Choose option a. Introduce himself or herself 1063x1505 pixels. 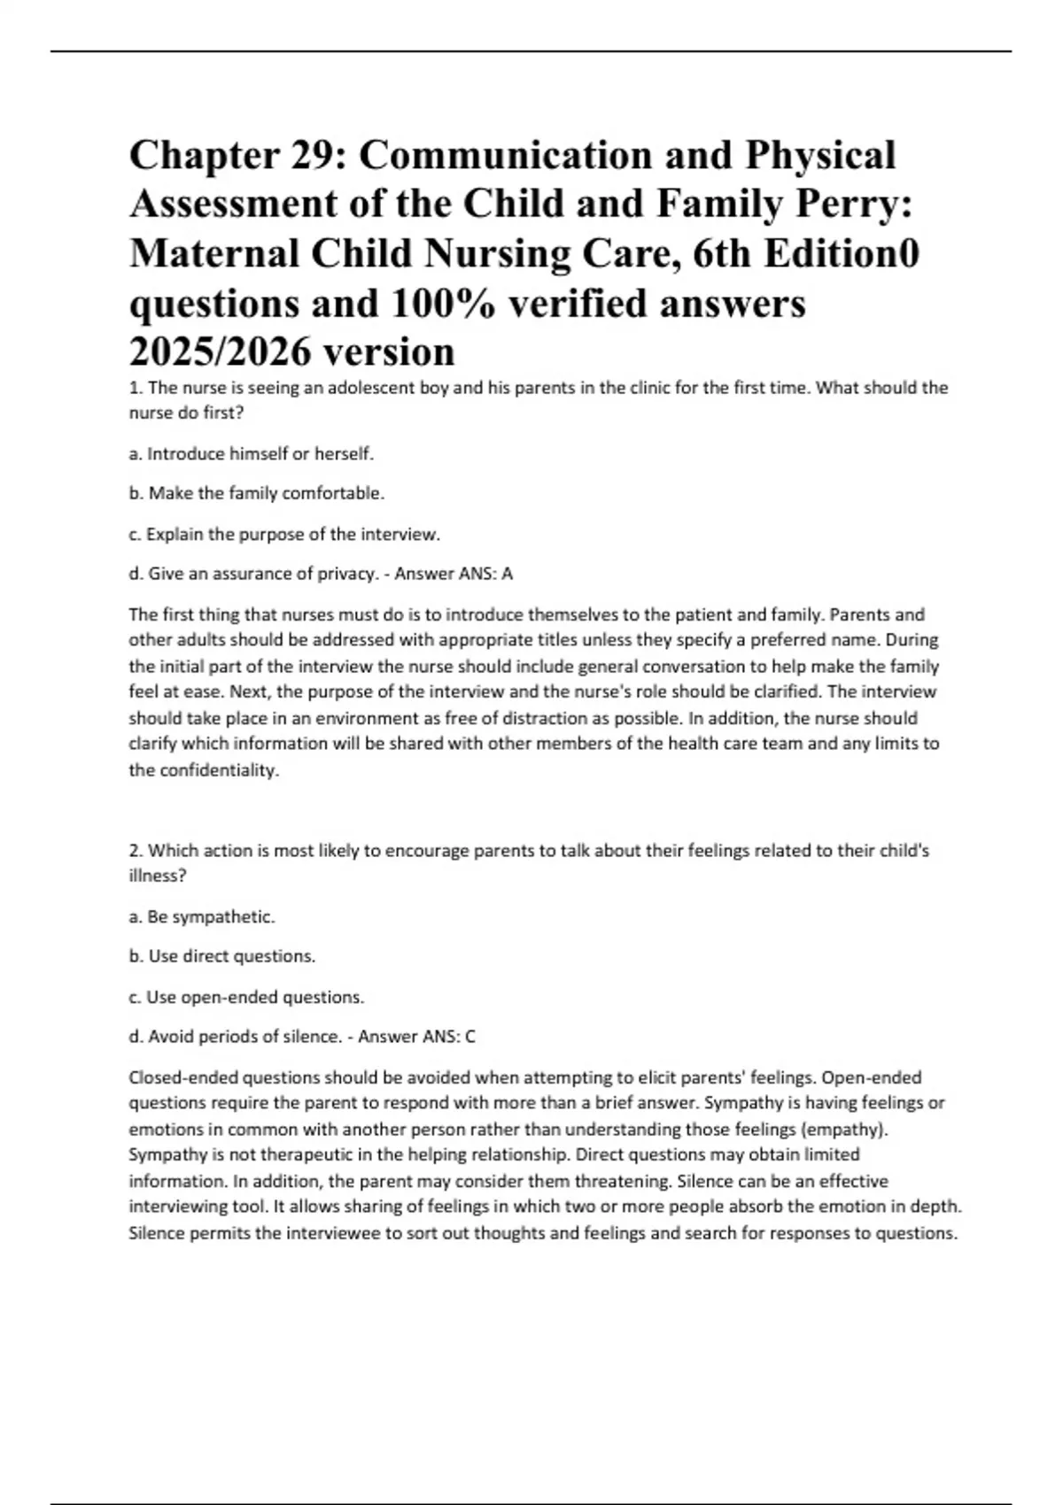(252, 453)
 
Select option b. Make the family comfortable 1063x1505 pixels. (257, 493)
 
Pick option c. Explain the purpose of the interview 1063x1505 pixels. (284, 534)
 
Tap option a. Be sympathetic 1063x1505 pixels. (202, 916)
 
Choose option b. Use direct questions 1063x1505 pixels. (222, 956)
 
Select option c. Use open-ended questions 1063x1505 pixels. (246, 997)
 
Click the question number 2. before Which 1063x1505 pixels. (136, 851)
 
